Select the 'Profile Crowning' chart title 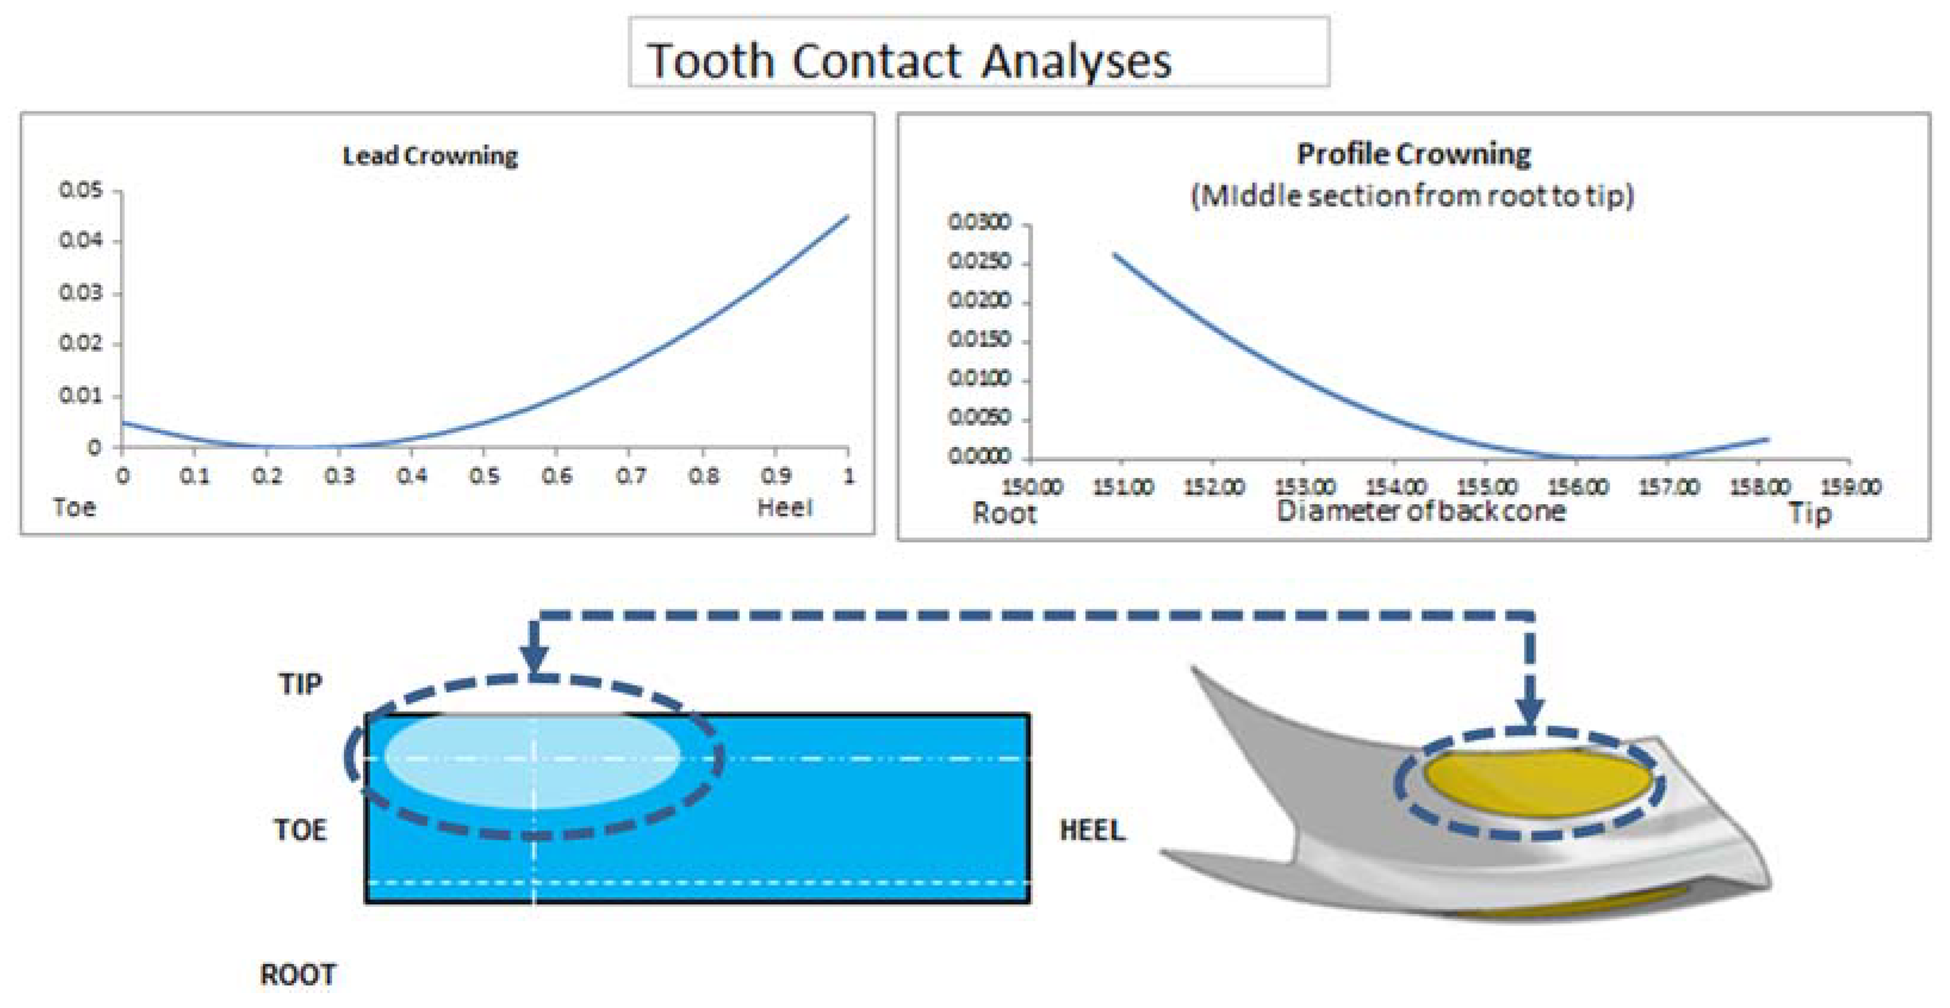[x=1413, y=154]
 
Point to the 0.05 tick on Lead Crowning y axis [x=80, y=190]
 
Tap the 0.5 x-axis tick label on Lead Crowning [x=485, y=476]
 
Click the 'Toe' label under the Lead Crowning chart [x=74, y=507]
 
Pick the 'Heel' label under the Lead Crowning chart [x=785, y=507]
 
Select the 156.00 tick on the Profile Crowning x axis [x=1578, y=486]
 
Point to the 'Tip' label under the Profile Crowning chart [x=1810, y=514]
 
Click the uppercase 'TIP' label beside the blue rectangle [x=300, y=684]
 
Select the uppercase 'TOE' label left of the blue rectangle [x=300, y=830]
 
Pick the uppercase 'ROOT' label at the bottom [x=298, y=975]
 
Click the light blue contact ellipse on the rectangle [x=532, y=759]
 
